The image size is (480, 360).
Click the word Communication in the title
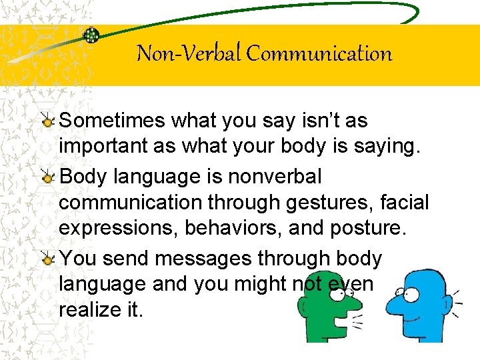[x=319, y=53]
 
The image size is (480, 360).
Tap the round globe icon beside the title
[x=91, y=35]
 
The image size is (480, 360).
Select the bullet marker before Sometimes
[x=48, y=122]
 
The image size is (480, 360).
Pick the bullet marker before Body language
[x=48, y=178]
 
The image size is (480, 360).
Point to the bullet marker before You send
[x=48, y=260]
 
